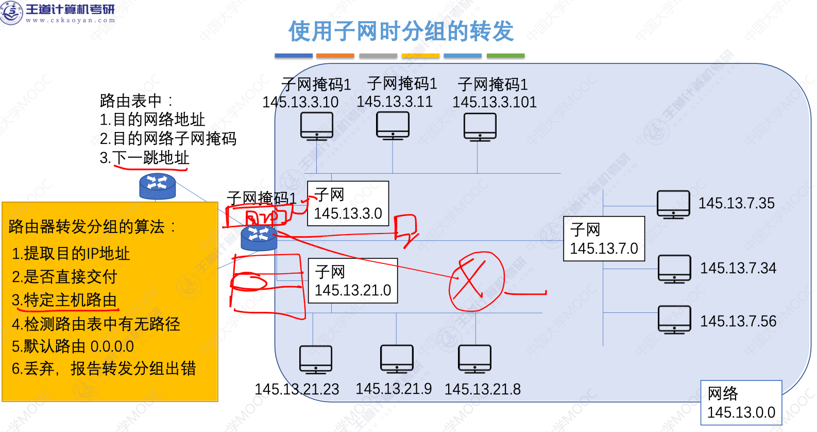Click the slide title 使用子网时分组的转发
(x=401, y=31)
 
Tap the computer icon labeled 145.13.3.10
(x=317, y=126)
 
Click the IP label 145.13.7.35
(x=736, y=203)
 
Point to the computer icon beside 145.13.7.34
(x=674, y=269)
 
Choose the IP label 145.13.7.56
(x=738, y=321)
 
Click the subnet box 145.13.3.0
(x=348, y=204)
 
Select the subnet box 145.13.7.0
(x=604, y=239)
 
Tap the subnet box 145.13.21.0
(x=353, y=280)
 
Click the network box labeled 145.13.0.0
(x=741, y=403)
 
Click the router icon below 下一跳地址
(x=158, y=186)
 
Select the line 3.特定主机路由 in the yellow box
(x=65, y=300)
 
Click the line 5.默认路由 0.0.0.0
(x=73, y=346)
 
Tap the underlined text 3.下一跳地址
(x=145, y=158)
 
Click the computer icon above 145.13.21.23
(x=316, y=359)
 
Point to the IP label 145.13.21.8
(x=482, y=389)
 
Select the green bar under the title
(x=505, y=56)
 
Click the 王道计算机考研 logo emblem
(x=11, y=12)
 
